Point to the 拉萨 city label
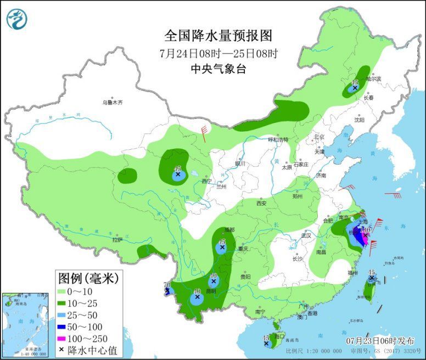click(117, 239)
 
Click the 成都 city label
click(227, 230)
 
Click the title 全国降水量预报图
click(218, 36)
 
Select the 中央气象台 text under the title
click(218, 69)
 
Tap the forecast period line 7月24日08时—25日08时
click(218, 53)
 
